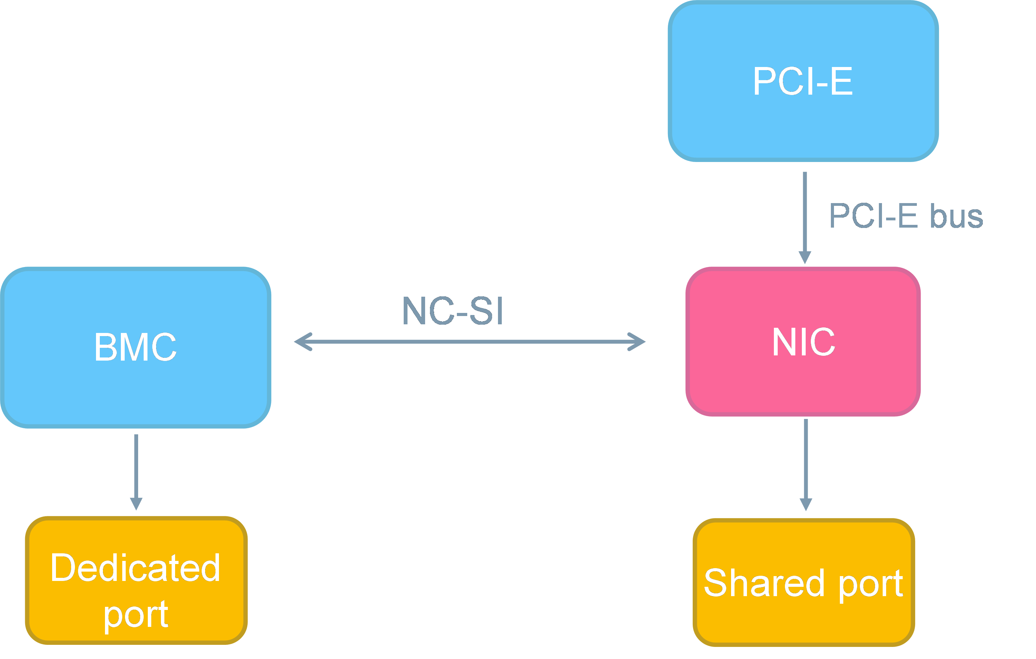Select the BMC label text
point(135,347)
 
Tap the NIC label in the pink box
point(804,342)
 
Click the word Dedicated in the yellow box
point(135,568)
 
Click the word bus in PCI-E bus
point(957,216)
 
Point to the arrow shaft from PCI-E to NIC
point(805,211)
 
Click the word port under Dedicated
point(136,615)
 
